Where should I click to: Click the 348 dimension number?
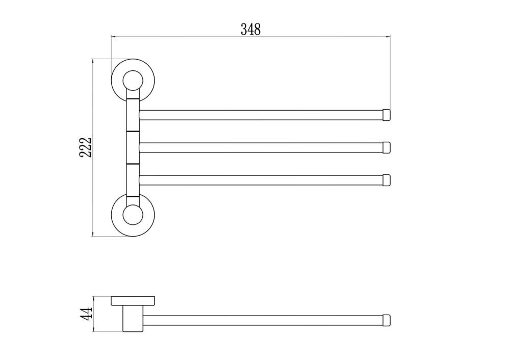tap(250, 30)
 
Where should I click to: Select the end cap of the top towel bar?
tap(387, 115)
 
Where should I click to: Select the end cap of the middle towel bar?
tap(387, 147)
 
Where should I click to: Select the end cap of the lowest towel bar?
tap(387, 180)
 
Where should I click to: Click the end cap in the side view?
tap(387, 320)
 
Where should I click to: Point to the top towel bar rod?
tap(260, 115)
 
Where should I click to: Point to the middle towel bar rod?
tap(260, 147)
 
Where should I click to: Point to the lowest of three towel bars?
tap(260, 180)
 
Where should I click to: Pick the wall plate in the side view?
tap(134, 301)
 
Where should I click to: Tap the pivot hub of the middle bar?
tap(132, 147)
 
